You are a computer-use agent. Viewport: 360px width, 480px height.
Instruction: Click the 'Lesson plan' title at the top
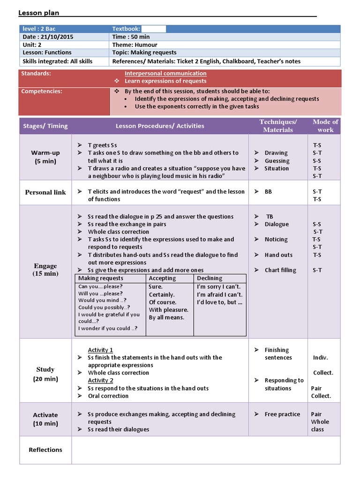[x=38, y=13]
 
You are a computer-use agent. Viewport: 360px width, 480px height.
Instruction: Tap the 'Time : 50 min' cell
[x=131, y=37]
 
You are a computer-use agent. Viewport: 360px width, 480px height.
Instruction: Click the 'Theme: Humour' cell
[x=135, y=45]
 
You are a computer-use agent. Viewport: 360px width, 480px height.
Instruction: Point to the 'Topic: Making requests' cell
[x=144, y=52]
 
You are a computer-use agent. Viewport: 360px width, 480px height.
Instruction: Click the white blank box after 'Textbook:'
[x=153, y=29]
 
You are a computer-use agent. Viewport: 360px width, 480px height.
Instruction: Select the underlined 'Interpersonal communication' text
[x=165, y=73]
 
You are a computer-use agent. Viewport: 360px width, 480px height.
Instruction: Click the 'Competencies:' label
[x=42, y=91]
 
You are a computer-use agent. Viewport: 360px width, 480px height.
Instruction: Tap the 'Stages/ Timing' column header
[x=45, y=126]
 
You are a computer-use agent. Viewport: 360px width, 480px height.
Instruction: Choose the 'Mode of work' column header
[x=325, y=126]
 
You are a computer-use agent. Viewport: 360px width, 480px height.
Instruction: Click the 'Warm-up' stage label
[x=45, y=153]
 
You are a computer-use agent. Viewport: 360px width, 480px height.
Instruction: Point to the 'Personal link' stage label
[x=45, y=192]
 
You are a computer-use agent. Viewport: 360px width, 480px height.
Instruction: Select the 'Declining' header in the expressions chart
[x=210, y=278]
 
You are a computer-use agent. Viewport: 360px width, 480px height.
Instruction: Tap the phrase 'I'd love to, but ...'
[x=219, y=302]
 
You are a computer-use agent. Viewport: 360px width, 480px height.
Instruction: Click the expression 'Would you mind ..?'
[x=102, y=300]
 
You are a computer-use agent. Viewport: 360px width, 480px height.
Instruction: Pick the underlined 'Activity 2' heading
[x=100, y=380]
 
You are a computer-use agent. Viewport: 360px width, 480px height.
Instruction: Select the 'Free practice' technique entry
[x=282, y=414]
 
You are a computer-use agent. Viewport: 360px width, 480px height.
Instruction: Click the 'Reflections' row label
[x=45, y=450]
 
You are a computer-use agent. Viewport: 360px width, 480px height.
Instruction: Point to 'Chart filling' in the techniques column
[x=280, y=270]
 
